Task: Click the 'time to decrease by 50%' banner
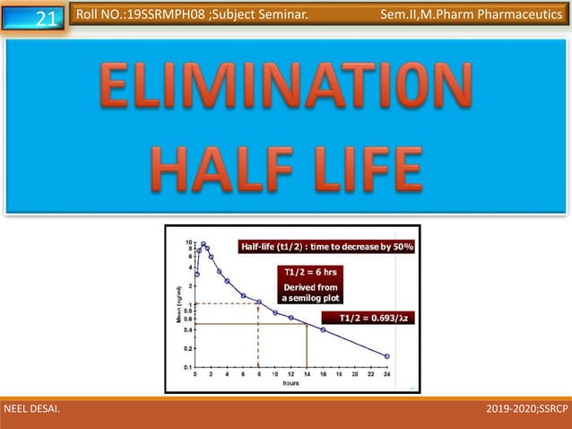pos(325,247)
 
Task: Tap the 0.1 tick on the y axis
pos(186,367)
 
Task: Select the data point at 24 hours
pos(387,356)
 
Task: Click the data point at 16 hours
pos(323,330)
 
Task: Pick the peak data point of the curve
pos(204,244)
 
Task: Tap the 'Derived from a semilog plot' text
pos(310,292)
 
